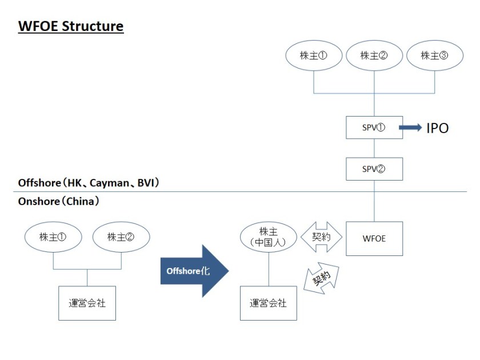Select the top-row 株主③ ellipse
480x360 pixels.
pyautogui.click(x=434, y=55)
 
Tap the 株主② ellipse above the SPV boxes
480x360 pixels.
pyautogui.click(x=374, y=55)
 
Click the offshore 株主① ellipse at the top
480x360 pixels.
pyautogui.click(x=313, y=55)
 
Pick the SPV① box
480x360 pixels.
pyautogui.click(x=374, y=127)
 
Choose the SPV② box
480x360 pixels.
pyautogui.click(x=374, y=169)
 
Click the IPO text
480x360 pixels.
pyautogui.click(x=437, y=128)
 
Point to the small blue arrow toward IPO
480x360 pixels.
pyautogui.click(x=410, y=128)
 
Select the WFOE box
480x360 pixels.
pyautogui.click(x=374, y=238)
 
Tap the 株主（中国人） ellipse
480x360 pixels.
pyautogui.click(x=268, y=237)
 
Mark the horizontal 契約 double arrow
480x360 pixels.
pyautogui.click(x=321, y=237)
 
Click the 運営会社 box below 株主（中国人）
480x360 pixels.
pyautogui.click(x=268, y=303)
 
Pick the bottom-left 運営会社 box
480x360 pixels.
pyautogui.click(x=87, y=303)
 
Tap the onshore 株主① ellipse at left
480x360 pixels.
pyautogui.click(x=53, y=237)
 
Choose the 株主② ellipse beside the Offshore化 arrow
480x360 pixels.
pyautogui.click(x=121, y=237)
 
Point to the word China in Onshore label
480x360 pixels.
pyautogui.click(x=81, y=201)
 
